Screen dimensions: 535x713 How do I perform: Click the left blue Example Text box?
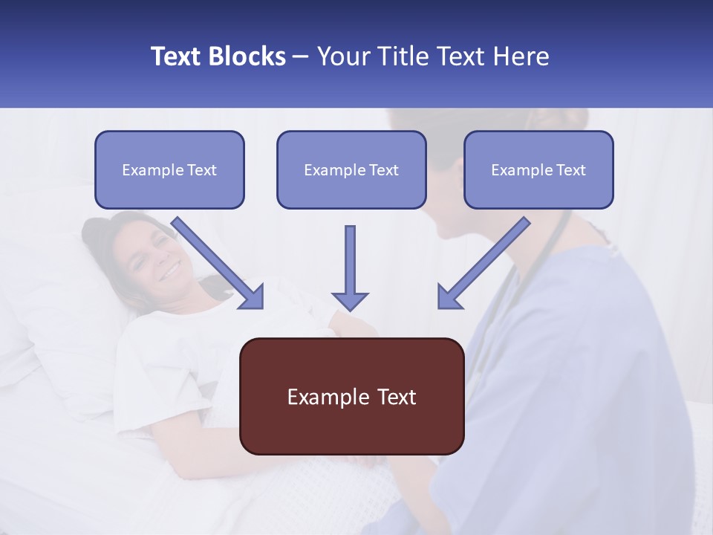tap(169, 169)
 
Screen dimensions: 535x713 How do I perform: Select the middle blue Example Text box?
tap(351, 169)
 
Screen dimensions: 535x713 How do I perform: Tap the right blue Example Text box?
tap(538, 169)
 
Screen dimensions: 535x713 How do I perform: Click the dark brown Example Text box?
tap(351, 396)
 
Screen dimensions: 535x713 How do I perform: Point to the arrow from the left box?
tap(215, 261)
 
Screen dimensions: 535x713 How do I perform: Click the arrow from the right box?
tap(486, 260)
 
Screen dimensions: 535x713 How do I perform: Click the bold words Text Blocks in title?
tap(218, 56)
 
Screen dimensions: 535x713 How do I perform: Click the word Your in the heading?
tap(342, 56)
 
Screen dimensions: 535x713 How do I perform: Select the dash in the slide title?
tap(301, 56)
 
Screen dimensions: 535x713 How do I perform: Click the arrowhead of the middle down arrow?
tap(350, 300)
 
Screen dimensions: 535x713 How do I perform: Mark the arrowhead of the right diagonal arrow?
tap(449, 297)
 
